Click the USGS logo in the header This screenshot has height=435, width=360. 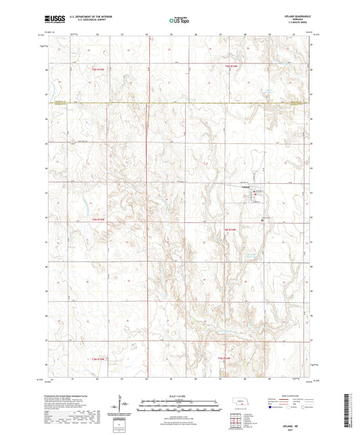[49, 21]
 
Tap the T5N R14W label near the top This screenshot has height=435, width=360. [231, 66]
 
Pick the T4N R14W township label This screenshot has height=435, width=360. [231, 230]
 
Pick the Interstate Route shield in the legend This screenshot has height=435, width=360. [272, 407]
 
